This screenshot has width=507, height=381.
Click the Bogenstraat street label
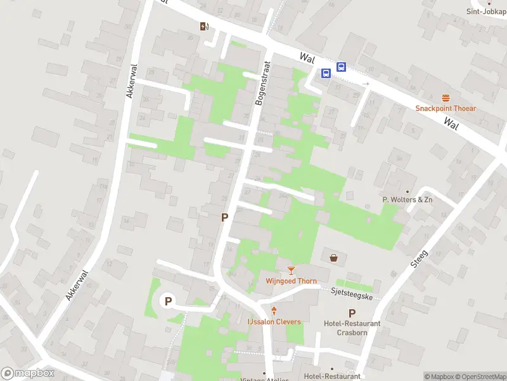click(263, 84)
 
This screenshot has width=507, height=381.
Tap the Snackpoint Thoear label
click(446, 108)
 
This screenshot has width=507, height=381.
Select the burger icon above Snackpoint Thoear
click(446, 98)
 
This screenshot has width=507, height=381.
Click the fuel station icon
click(204, 26)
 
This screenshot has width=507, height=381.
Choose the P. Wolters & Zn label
click(408, 199)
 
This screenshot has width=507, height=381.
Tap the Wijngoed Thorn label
click(291, 281)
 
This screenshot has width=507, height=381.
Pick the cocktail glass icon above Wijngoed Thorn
click(291, 271)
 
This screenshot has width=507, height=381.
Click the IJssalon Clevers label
click(274, 322)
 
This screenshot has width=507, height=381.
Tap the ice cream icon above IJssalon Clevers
click(274, 311)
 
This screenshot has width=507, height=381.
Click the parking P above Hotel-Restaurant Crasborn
click(352, 313)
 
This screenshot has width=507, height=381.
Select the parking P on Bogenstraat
click(224, 217)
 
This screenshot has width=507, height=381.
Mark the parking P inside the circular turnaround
click(168, 301)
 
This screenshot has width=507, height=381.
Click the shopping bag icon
click(333, 257)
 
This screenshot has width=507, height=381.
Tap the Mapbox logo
click(28, 373)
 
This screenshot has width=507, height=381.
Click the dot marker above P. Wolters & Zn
click(408, 191)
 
